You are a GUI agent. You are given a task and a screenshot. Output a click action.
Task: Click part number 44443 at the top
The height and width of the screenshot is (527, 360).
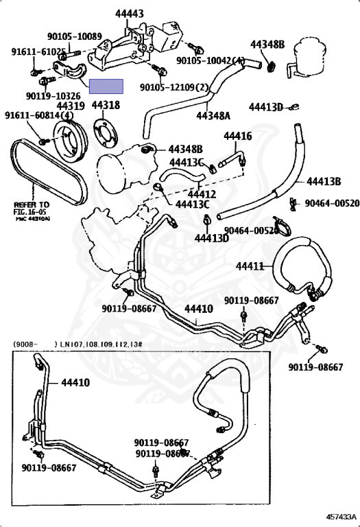(x=110, y=14)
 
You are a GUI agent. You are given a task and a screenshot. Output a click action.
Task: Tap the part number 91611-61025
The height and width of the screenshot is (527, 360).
(x=38, y=51)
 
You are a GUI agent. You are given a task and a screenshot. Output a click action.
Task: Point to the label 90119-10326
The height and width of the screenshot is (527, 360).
(x=53, y=96)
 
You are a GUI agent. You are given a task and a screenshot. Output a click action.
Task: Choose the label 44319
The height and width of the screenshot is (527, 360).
(x=71, y=106)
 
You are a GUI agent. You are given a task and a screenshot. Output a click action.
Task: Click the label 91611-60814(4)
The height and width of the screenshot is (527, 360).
(x=39, y=115)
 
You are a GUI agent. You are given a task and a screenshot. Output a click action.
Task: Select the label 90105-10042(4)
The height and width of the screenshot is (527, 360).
(x=210, y=61)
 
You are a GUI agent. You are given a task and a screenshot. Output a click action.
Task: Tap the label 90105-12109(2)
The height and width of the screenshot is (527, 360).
(x=174, y=88)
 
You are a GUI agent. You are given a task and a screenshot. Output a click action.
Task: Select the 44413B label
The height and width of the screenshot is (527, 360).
(x=324, y=181)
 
